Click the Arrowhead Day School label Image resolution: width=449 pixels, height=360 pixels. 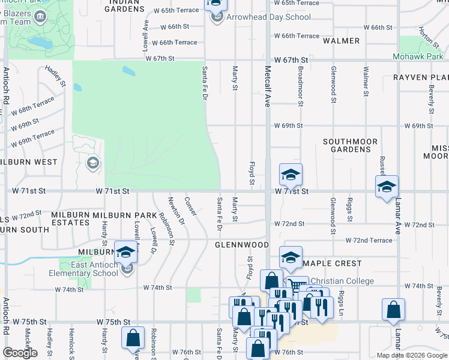point(268,17)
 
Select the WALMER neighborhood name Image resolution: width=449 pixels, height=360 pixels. point(341,41)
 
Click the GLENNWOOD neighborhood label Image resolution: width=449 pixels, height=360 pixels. point(242,245)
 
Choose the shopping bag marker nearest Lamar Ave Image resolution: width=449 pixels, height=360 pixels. point(393,310)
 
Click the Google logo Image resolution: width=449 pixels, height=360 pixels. point(20,353)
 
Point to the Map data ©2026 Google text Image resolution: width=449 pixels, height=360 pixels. point(411,355)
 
